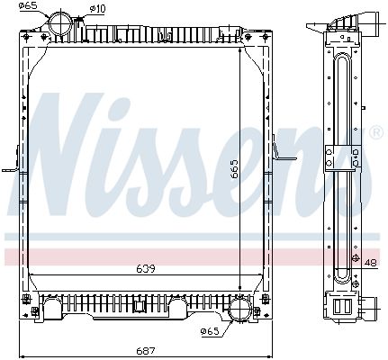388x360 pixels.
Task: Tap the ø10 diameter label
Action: [x=97, y=9]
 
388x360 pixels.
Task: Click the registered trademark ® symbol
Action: [x=374, y=133]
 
